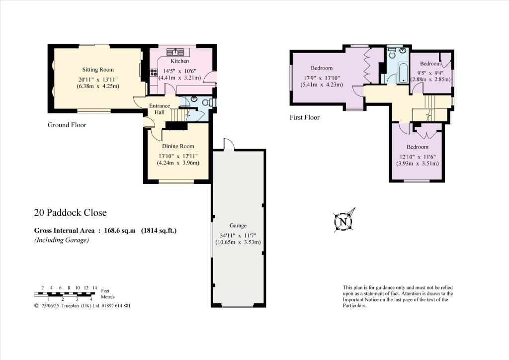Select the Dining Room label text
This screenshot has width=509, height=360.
tap(178, 146)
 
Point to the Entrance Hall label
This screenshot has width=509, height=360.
tap(160, 109)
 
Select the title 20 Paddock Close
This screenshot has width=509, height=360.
tap(70, 213)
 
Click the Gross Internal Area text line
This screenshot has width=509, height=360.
tap(105, 230)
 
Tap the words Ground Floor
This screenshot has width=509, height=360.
tap(67, 125)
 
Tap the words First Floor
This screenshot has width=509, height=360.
tap(305, 118)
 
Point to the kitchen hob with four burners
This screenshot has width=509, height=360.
tap(154, 72)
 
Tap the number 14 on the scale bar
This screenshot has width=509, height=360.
tap(95, 288)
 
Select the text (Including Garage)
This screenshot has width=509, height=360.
tap(61, 240)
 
